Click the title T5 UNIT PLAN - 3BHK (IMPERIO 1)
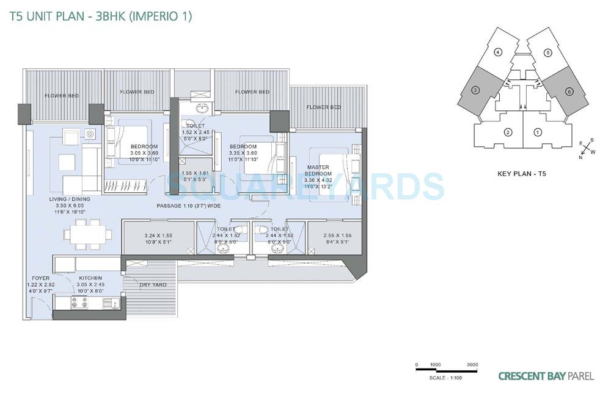tap(101, 16)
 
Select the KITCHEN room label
tap(90, 278)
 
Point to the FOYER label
tap(41, 278)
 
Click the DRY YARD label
tap(153, 285)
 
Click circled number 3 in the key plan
tap(475, 91)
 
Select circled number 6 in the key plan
tap(568, 92)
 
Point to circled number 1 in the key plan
tap(537, 132)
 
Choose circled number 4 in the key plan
tap(498, 52)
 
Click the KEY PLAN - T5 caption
tap(521, 174)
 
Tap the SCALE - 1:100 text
tap(447, 378)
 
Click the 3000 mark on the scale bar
tap(472, 364)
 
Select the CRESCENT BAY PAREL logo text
tap(546, 376)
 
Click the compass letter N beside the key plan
tap(581, 157)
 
